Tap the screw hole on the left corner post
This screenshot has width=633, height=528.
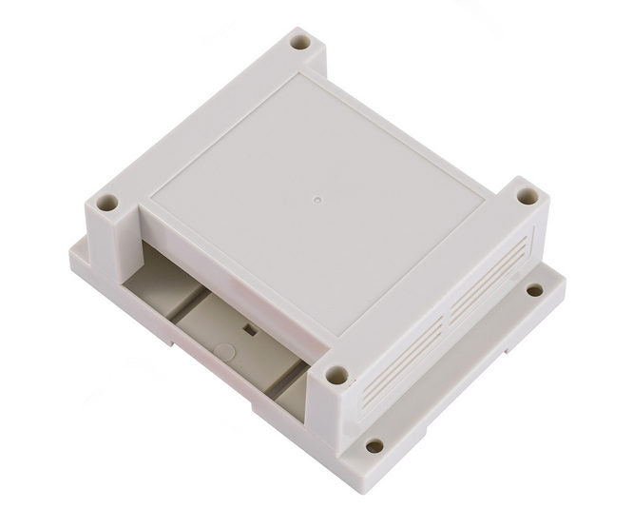(108, 203)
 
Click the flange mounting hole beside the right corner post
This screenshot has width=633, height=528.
(535, 289)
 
